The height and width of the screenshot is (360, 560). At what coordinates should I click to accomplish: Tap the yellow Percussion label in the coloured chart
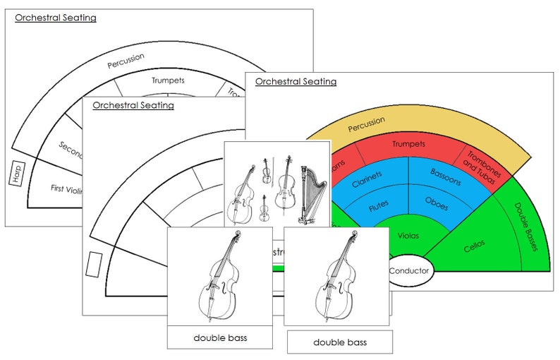pyautogui.click(x=366, y=128)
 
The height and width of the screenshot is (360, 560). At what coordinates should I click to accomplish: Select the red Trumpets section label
pyautogui.click(x=409, y=144)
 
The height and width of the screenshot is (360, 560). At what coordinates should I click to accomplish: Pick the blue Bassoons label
pyautogui.click(x=445, y=177)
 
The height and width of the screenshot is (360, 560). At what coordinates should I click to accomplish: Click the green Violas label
pyautogui.click(x=409, y=235)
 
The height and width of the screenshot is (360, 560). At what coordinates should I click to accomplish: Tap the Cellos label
pyautogui.click(x=474, y=248)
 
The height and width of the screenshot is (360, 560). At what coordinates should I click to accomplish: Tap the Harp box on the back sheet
pyautogui.click(x=18, y=173)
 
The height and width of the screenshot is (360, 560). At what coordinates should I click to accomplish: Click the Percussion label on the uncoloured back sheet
pyautogui.click(x=126, y=61)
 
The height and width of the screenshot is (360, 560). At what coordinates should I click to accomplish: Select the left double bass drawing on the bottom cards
pyautogui.click(x=219, y=276)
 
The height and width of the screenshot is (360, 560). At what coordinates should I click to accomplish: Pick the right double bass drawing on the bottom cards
pyautogui.click(x=337, y=276)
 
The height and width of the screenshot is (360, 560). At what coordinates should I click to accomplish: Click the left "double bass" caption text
pyautogui.click(x=220, y=338)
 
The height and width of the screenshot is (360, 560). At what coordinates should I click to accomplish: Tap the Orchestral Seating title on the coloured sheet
pyautogui.click(x=296, y=82)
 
